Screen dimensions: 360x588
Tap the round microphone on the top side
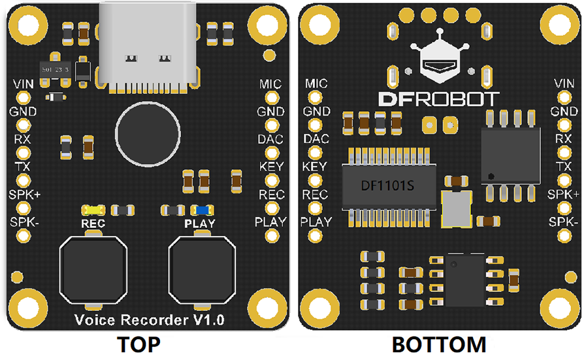tap(148, 133)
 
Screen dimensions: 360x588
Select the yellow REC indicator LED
tap(93, 210)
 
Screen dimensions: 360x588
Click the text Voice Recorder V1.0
tap(150, 319)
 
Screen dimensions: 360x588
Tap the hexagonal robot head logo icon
tap(439, 63)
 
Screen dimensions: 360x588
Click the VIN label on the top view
tap(24, 84)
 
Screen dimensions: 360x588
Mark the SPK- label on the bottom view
tap(564, 221)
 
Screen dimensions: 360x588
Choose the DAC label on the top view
tap(271, 139)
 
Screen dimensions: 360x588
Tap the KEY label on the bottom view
tap(316, 167)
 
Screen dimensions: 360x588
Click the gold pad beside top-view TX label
tap(24, 180)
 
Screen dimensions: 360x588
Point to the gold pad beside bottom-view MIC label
tap(316, 97)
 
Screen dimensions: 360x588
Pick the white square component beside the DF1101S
tap(456, 209)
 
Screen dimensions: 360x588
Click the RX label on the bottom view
tap(563, 139)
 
